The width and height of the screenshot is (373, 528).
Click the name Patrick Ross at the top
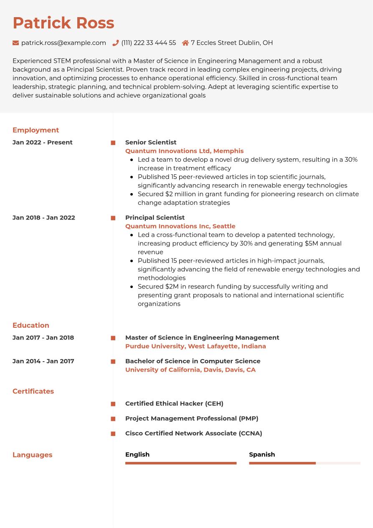click(x=63, y=23)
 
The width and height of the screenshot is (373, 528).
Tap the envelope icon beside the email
click(x=16, y=43)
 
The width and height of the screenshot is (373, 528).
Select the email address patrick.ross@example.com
click(x=63, y=43)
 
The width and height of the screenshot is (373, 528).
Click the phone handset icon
click(x=116, y=43)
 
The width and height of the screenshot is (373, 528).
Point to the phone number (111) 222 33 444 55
click(x=148, y=43)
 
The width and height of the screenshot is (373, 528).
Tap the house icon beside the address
click(x=185, y=43)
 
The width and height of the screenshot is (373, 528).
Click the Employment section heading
click(x=36, y=130)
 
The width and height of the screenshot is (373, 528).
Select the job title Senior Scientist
click(x=151, y=142)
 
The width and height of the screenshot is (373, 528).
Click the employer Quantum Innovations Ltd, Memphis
click(x=184, y=151)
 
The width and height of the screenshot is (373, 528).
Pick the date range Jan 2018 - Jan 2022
click(x=44, y=217)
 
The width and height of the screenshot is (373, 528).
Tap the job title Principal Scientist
click(x=155, y=217)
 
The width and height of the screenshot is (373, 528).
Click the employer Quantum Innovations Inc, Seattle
click(x=180, y=226)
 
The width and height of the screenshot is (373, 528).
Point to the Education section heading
click(x=31, y=325)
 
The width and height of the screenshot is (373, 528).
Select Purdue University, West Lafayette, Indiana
click(x=195, y=346)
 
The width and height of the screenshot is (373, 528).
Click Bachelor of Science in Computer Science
click(x=193, y=361)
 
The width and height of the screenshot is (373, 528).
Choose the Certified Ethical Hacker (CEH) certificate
click(x=174, y=403)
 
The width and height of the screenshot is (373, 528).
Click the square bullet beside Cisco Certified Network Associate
click(x=113, y=434)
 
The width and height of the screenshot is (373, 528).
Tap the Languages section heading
click(x=32, y=455)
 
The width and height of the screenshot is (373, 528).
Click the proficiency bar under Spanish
click(x=304, y=463)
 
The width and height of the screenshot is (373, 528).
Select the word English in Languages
click(x=137, y=454)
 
